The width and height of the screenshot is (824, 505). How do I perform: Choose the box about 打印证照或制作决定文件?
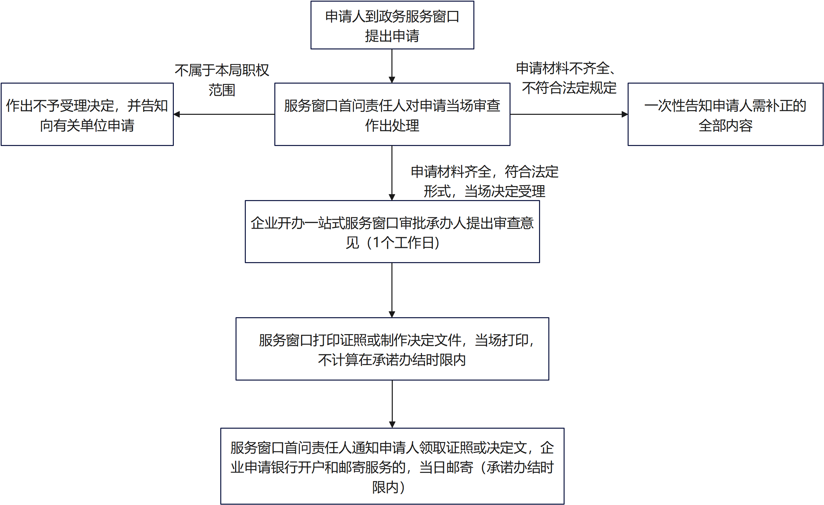[392, 349]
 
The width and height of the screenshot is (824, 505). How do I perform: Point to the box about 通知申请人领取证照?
[392, 467]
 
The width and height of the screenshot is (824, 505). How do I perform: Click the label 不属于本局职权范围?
[222, 80]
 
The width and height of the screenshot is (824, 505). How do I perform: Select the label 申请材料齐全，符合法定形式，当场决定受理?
[484, 181]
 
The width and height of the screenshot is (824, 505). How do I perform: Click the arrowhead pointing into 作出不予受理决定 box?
[177, 114]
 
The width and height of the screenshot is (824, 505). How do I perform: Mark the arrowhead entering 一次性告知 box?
[625, 114]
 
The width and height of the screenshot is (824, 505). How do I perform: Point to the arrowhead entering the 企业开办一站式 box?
[392, 197]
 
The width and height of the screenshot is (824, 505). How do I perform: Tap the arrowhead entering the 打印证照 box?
[392, 314]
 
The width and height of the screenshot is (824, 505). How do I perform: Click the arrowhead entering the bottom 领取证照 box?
[392, 425]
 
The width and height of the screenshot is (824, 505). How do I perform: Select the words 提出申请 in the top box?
[392, 36]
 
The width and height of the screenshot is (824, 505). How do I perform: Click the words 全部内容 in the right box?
[725, 126]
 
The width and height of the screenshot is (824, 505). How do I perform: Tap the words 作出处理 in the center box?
[392, 126]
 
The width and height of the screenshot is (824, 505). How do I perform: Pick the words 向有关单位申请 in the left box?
[87, 126]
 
